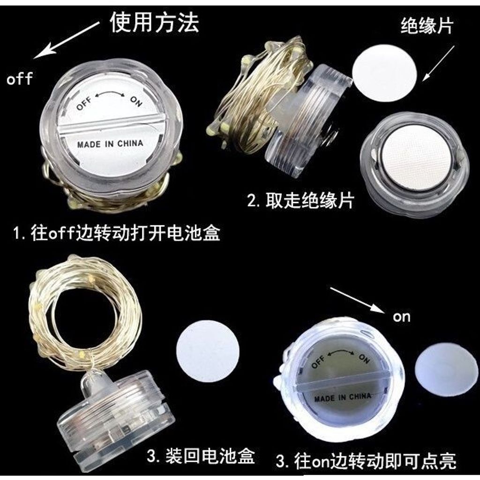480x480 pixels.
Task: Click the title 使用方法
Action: [155, 22]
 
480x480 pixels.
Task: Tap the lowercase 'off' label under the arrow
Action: [20, 79]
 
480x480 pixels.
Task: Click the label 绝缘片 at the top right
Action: [427, 26]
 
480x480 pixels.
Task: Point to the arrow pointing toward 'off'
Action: [67, 40]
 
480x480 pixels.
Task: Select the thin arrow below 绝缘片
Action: [439, 63]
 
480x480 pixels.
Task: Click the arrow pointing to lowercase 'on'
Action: [357, 300]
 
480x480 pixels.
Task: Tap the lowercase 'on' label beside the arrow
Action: [401, 317]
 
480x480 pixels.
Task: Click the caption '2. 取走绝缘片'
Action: [300, 201]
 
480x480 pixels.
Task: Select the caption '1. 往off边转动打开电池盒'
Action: [117, 233]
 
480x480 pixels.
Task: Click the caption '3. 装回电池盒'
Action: [201, 456]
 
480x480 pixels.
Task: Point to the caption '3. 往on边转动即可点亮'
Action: [366, 461]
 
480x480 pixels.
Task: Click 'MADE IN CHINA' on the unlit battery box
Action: [110, 144]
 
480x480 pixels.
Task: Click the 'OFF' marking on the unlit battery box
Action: [84, 103]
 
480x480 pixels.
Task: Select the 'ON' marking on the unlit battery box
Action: [136, 101]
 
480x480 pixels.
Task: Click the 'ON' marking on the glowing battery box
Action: [364, 358]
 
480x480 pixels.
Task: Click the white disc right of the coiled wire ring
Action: [208, 351]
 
